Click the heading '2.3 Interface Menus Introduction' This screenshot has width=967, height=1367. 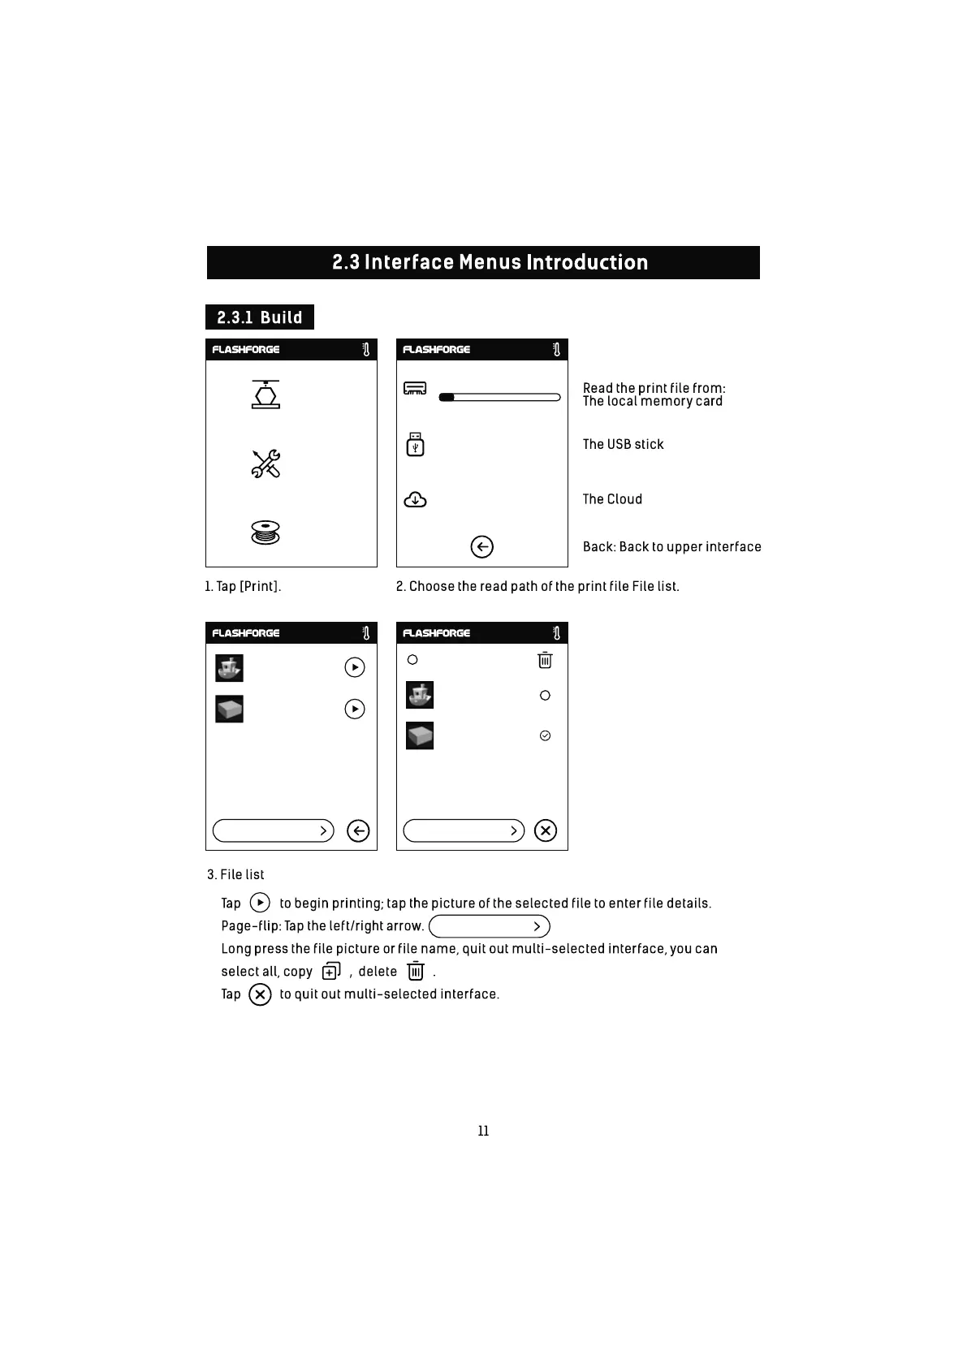click(x=490, y=262)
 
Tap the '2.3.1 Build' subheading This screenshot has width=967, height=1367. click(x=260, y=317)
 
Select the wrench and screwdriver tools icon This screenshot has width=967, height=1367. click(x=265, y=464)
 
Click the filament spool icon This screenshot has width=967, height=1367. click(x=265, y=533)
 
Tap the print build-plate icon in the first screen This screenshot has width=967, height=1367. click(x=265, y=394)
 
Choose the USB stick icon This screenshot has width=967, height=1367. click(x=415, y=444)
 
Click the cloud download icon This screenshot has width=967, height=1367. click(x=415, y=499)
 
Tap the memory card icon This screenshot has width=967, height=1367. click(x=415, y=389)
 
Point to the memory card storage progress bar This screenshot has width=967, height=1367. click(x=499, y=397)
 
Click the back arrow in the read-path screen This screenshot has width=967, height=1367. click(x=481, y=547)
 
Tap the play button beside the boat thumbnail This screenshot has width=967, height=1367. click(x=355, y=667)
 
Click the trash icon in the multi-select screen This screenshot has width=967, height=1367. click(x=545, y=660)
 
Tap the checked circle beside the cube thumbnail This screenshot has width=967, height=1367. click(x=545, y=735)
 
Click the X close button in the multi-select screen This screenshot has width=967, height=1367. click(x=546, y=830)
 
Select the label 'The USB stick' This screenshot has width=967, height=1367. click(x=623, y=444)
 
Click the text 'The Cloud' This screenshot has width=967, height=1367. click(x=612, y=499)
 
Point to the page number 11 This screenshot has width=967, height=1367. click(x=483, y=1131)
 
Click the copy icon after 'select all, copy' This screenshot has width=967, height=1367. click(x=331, y=971)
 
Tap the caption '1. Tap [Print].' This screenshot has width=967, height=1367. click(x=243, y=586)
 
